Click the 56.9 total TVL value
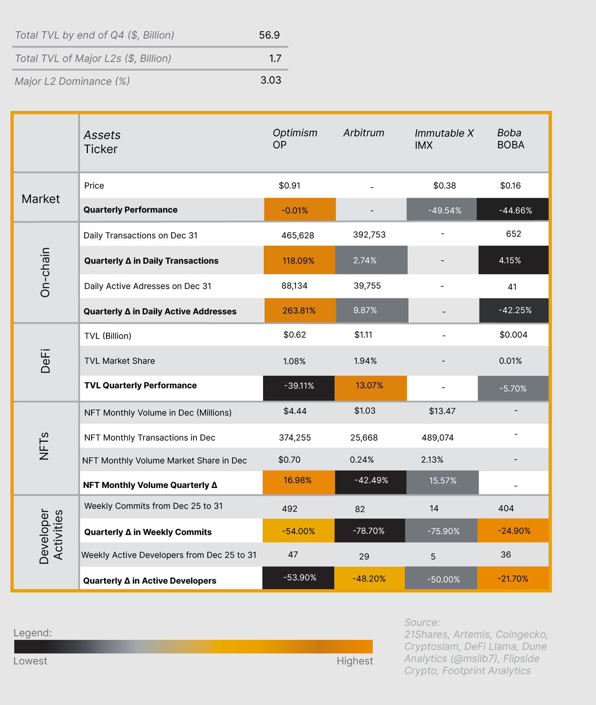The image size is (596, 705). click(269, 35)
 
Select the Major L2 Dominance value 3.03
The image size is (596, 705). click(271, 80)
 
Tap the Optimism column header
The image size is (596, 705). click(295, 133)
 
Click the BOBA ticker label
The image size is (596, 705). click(510, 145)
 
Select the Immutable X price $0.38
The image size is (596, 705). click(444, 185)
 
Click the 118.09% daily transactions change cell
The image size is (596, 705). click(299, 260)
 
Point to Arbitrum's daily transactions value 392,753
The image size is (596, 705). click(369, 235)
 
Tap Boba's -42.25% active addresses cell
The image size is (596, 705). click(514, 310)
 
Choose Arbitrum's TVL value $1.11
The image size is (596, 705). click(363, 335)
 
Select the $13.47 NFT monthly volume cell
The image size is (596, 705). click(442, 411)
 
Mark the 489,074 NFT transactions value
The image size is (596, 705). click(437, 438)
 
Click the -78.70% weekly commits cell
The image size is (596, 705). click(369, 531)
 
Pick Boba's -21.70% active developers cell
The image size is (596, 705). click(513, 579)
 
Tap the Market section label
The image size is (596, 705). click(41, 199)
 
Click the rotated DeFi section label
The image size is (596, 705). click(45, 361)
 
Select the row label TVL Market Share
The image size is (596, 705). click(119, 361)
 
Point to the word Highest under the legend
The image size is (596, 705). click(355, 661)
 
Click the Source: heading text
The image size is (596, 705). click(422, 623)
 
